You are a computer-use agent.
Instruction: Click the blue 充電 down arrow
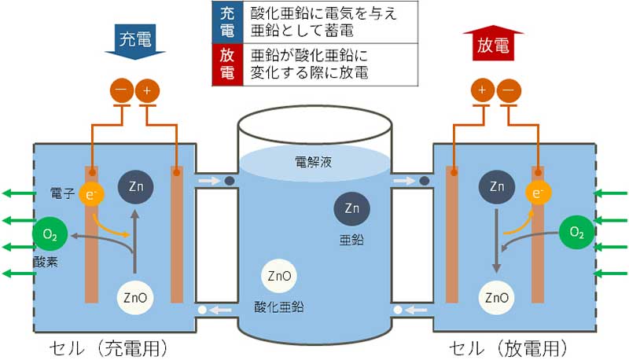135,42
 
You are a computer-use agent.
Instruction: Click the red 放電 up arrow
494,43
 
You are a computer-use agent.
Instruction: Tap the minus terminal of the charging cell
122,90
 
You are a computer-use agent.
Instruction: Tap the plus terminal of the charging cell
147,90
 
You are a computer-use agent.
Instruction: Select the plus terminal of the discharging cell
483,90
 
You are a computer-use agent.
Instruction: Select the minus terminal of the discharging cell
509,90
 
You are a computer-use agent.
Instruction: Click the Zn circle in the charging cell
135,186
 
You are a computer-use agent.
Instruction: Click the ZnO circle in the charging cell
135,298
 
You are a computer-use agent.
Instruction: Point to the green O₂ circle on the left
50,233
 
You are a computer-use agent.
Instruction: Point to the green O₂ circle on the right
576,232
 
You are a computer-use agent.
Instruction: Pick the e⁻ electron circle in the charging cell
91,194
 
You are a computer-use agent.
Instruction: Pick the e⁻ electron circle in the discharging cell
538,193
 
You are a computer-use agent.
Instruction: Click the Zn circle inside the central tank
351,208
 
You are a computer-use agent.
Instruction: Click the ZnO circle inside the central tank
279,276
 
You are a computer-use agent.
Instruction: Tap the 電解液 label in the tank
313,162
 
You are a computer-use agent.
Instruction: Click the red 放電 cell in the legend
227,64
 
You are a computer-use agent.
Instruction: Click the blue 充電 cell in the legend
227,23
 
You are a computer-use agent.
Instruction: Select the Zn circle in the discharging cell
497,186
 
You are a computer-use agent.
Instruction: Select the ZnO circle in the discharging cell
497,298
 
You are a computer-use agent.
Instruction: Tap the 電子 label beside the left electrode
62,193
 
